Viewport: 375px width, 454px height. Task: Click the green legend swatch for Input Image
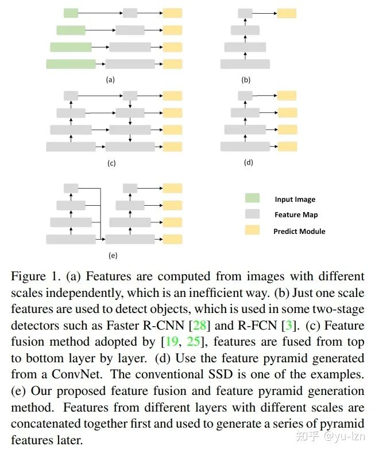[252, 198]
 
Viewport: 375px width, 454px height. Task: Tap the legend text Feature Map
[296, 215]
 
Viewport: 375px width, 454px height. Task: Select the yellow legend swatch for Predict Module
[252, 230]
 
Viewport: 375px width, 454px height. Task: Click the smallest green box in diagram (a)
[71, 13]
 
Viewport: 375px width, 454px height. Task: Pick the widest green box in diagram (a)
[71, 64]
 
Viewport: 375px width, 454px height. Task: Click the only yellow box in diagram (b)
[287, 13]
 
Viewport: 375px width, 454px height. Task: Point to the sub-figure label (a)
[111, 80]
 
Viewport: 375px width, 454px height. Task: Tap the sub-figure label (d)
[248, 163]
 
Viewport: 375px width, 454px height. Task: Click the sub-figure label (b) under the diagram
[246, 80]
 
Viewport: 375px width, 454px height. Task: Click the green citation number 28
[200, 326]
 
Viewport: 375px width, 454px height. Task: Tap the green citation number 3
[289, 326]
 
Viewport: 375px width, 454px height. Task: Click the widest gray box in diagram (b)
[245, 64]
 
